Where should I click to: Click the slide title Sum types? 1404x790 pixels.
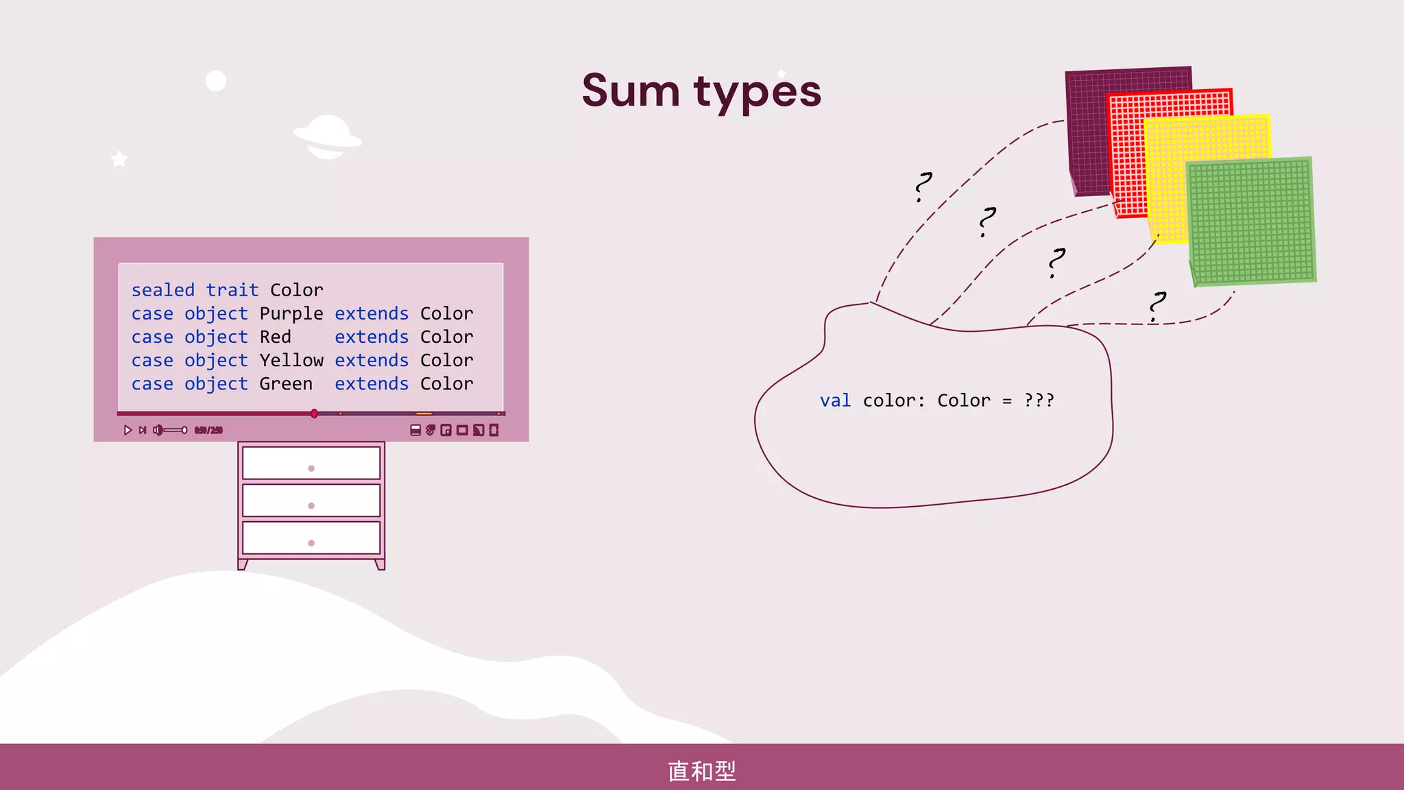[x=701, y=91]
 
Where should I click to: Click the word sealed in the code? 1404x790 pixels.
[x=163, y=290]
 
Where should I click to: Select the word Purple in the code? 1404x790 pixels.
[x=291, y=313]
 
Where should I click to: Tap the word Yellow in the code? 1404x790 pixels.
[x=291, y=360]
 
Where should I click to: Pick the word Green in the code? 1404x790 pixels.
[x=285, y=383]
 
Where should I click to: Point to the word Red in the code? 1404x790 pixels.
[x=275, y=337]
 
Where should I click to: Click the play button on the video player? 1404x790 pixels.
[x=128, y=430]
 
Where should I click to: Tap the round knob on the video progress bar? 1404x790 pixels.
[x=314, y=414]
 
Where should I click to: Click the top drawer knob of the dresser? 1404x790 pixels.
[x=311, y=468]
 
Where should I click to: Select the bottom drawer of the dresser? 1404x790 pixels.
[x=311, y=538]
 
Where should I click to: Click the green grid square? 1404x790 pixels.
[x=1252, y=221]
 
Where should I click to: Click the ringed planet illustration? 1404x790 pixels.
[x=328, y=136]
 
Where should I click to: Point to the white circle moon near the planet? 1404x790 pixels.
[x=216, y=81]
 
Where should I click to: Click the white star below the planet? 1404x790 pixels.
[x=119, y=159]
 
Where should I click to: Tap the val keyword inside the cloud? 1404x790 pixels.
[x=835, y=400]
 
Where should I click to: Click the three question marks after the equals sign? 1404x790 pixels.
[x=1039, y=400]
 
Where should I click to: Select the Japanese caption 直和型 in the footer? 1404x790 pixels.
[x=701, y=771]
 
